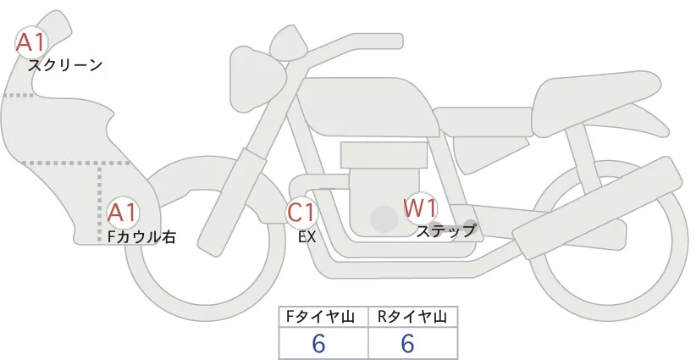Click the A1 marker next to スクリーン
31,42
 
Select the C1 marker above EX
302,212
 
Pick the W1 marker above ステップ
420,208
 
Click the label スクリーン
65,64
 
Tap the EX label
307,237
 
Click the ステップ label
446,230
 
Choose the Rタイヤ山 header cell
412,317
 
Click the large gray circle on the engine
384,219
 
